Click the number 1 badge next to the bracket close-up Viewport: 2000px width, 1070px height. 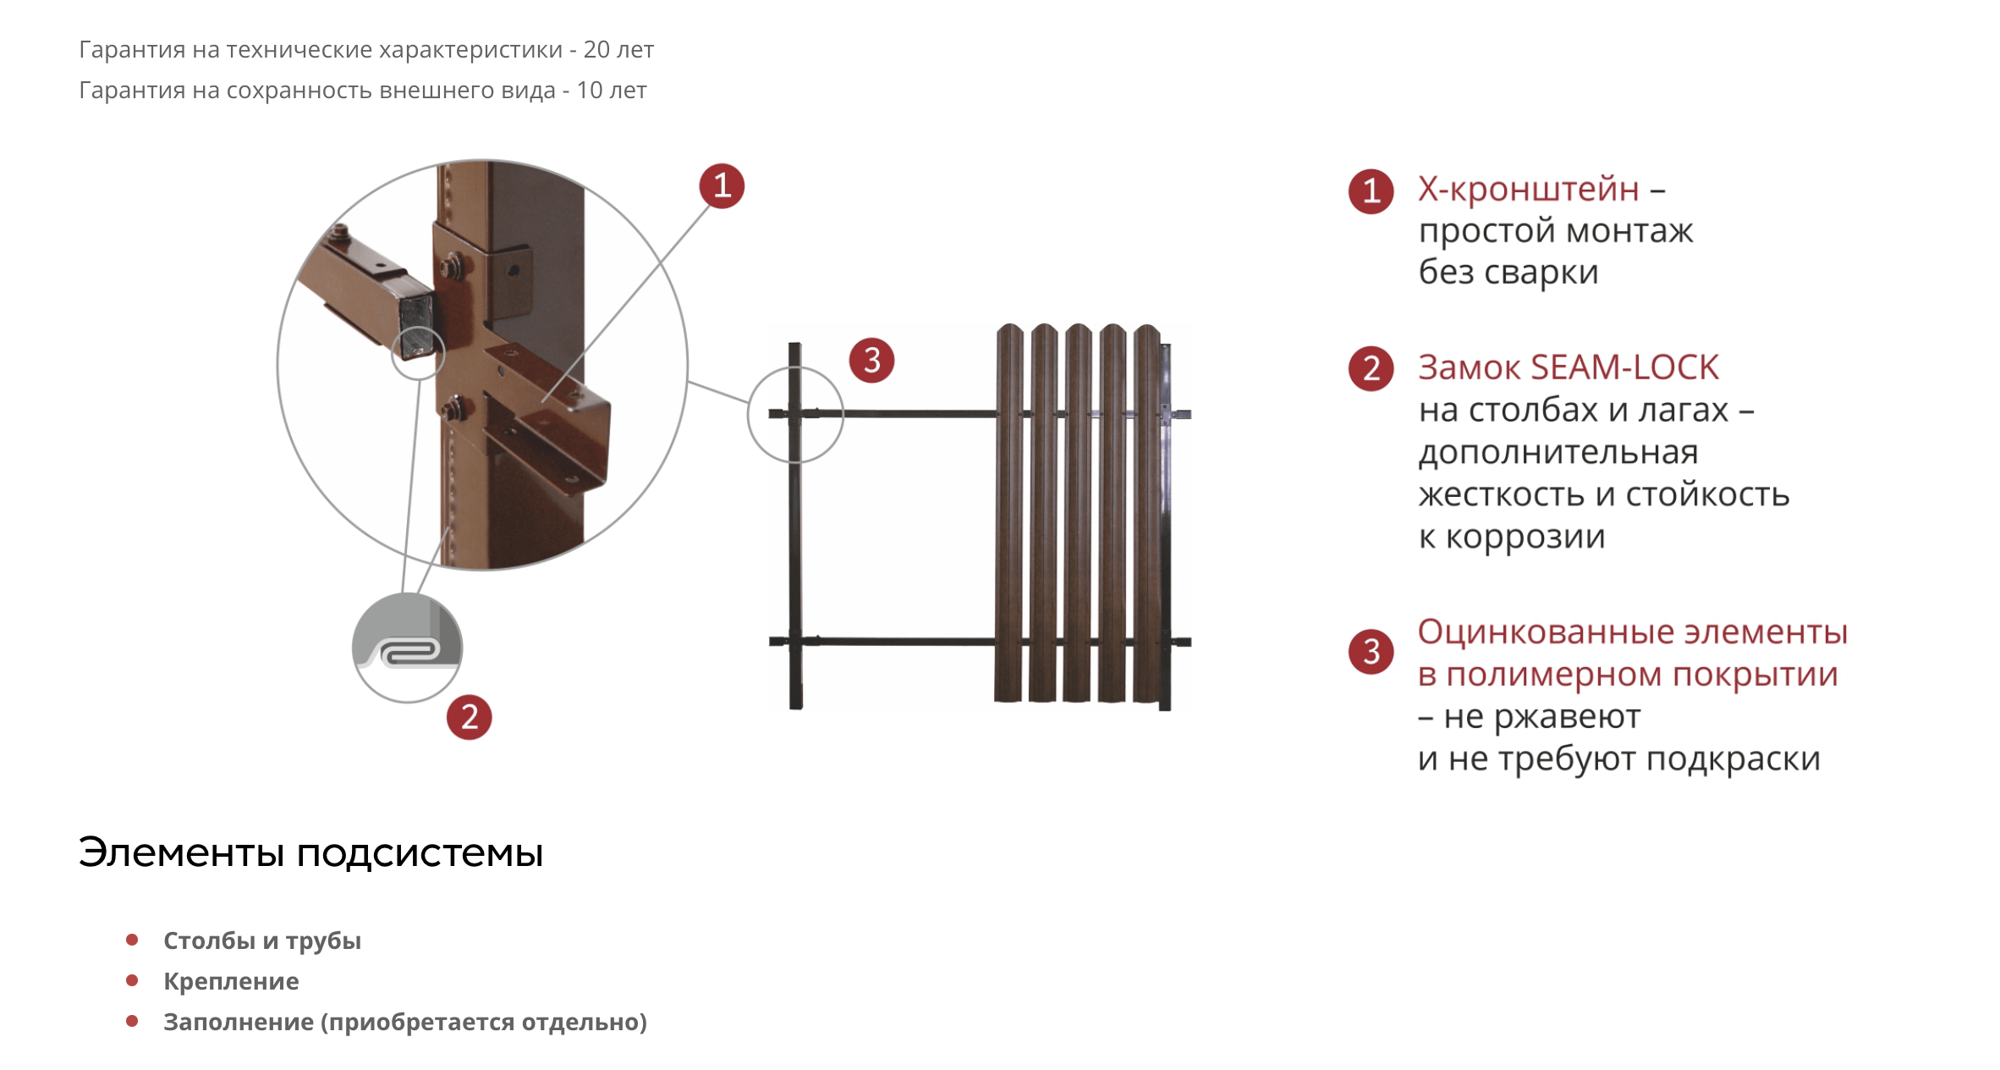[x=722, y=185]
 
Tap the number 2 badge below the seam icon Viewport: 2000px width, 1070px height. [x=470, y=717]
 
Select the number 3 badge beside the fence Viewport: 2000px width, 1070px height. [x=872, y=361]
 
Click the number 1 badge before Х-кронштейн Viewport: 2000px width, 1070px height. [x=1371, y=191]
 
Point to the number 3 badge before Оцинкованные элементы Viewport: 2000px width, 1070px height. [x=1371, y=652]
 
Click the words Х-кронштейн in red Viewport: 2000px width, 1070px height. [x=1529, y=189]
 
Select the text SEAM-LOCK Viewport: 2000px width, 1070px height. [x=1625, y=367]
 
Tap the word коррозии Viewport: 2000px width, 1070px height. [x=1525, y=537]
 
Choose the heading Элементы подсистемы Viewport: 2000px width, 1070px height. [x=310, y=852]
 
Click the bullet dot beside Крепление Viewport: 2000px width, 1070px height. [x=132, y=980]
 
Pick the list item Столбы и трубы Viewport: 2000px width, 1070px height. [x=262, y=940]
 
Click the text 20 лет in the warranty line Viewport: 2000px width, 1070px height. [x=618, y=50]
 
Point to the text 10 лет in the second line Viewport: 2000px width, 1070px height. [x=612, y=91]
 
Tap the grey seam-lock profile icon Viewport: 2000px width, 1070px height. [x=407, y=648]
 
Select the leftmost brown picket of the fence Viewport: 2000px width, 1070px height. [x=1008, y=513]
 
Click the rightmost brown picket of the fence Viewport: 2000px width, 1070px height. [x=1147, y=513]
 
